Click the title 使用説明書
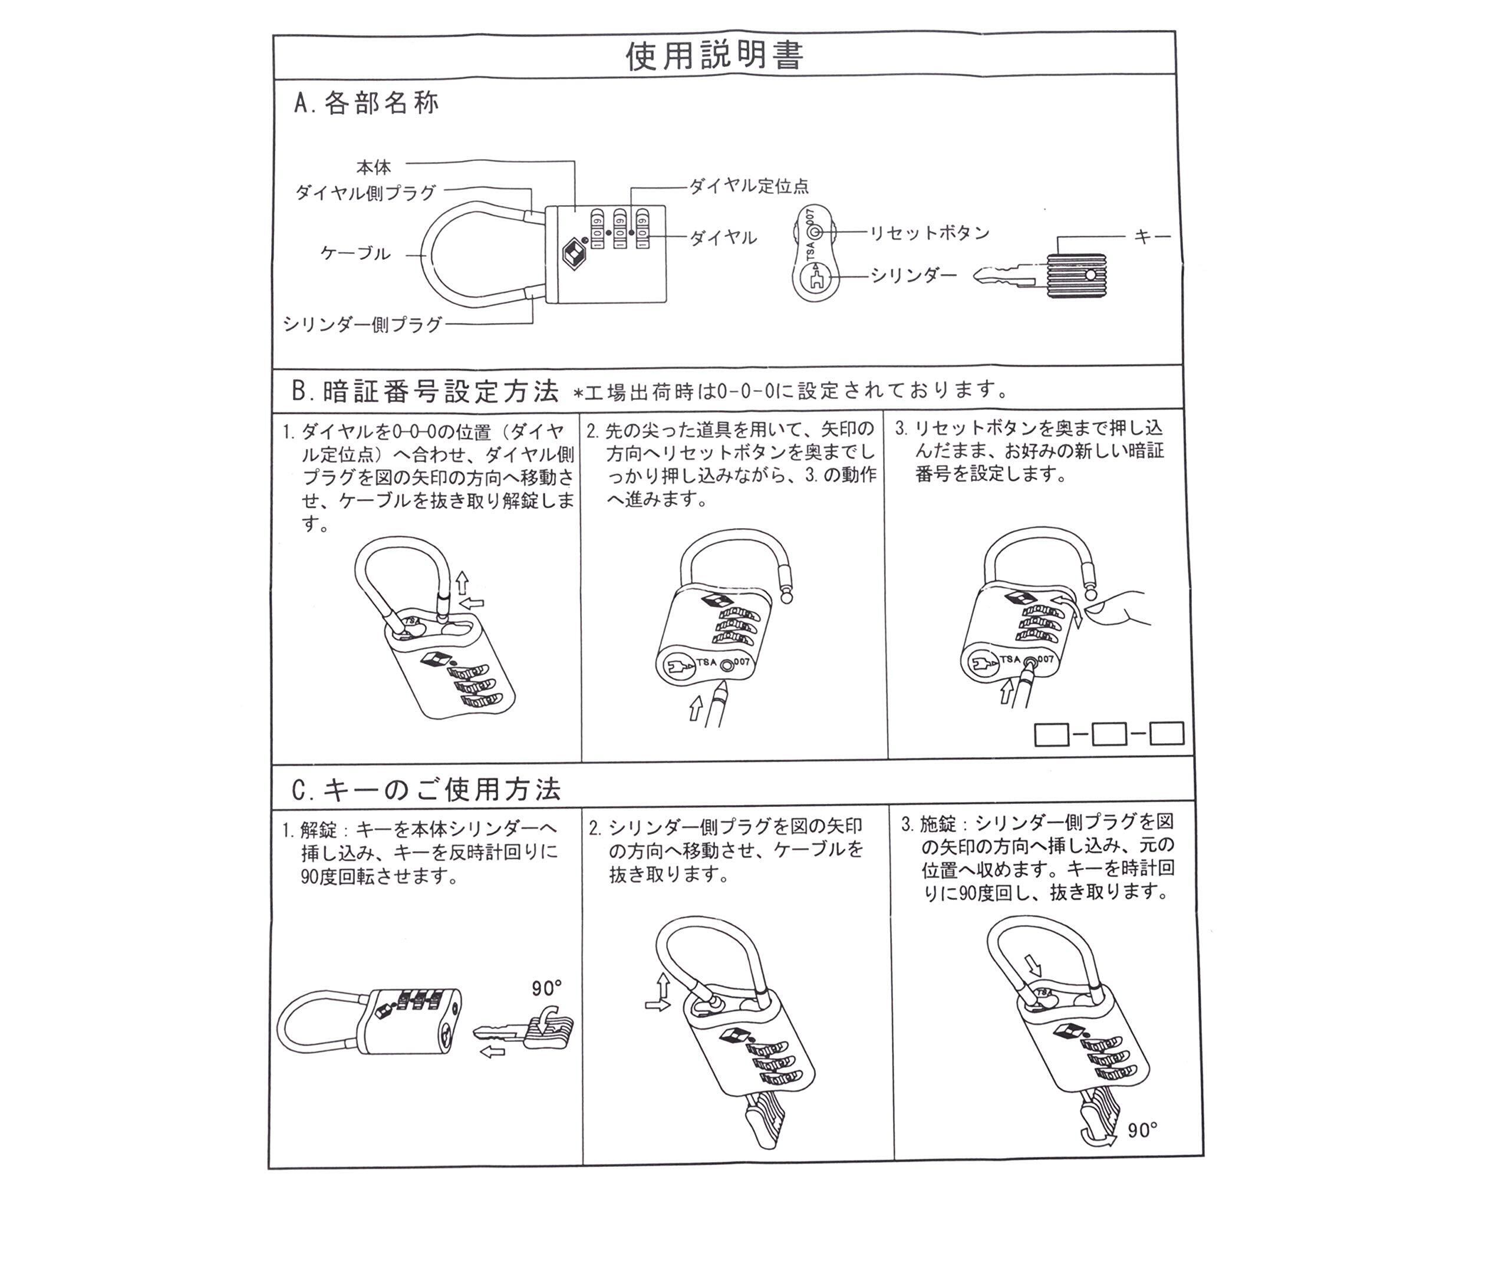[714, 55]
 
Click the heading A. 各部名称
[366, 103]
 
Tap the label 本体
[373, 167]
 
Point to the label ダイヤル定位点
[749, 186]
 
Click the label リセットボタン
[929, 232]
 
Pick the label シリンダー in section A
[913, 275]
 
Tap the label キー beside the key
[1152, 236]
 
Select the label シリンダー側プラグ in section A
[363, 325]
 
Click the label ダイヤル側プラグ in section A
[366, 193]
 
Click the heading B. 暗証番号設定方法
[426, 391]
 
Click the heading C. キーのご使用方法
[426, 790]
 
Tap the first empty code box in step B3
[1052, 735]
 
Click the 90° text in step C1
[546, 988]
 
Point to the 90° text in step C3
[1142, 1130]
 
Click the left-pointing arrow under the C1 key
[492, 1052]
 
